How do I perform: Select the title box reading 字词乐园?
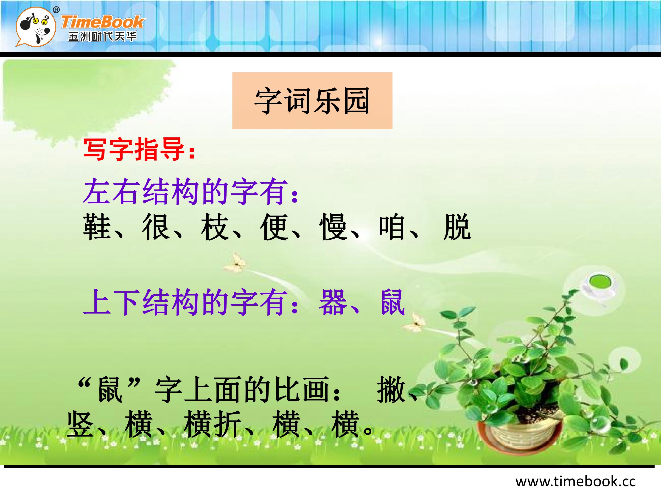[312, 101]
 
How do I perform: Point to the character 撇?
[391, 389]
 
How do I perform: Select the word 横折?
[213, 424]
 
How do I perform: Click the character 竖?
[80, 424]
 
